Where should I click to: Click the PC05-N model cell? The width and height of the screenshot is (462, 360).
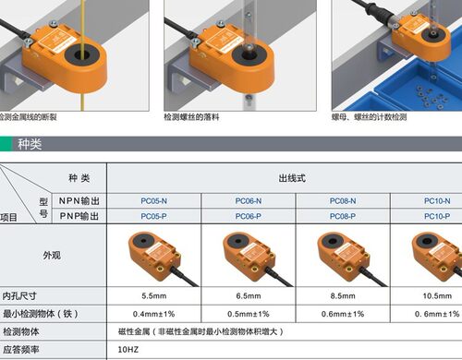click(154, 200)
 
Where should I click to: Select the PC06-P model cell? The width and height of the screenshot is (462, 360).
click(249, 216)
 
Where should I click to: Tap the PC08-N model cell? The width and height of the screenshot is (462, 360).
click(343, 200)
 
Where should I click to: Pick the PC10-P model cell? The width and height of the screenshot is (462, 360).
click(437, 216)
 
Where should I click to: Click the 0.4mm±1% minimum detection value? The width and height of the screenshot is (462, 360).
click(154, 314)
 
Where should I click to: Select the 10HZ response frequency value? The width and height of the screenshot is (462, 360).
click(128, 350)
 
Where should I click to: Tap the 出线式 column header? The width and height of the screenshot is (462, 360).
click(294, 178)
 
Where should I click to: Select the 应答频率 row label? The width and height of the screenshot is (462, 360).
click(21, 350)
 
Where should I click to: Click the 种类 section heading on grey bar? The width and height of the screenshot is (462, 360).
click(30, 145)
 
